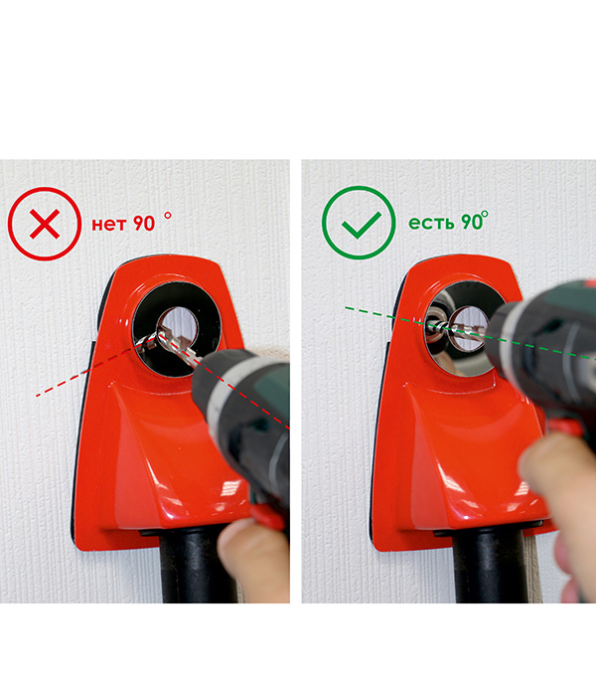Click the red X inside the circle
click(45, 224)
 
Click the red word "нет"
click(109, 224)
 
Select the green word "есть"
click(431, 223)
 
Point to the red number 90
click(144, 224)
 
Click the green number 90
click(472, 222)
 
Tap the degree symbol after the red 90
click(168, 215)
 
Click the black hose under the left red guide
click(199, 565)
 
